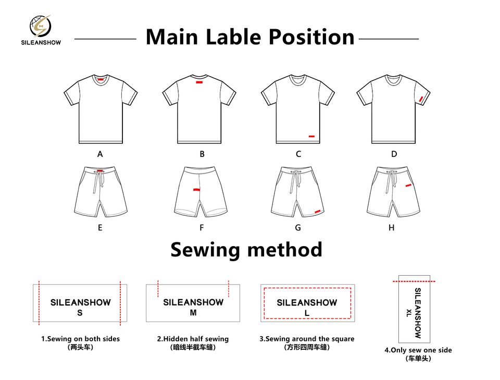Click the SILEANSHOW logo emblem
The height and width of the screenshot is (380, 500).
(x=40, y=26)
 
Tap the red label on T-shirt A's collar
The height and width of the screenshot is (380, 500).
(x=101, y=79)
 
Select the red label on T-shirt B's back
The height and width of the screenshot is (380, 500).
(x=199, y=82)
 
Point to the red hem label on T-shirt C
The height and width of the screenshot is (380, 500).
(x=311, y=137)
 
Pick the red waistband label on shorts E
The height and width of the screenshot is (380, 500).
(x=100, y=170)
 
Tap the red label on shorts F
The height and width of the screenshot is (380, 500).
(x=196, y=190)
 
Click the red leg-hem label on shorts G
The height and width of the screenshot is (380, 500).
(x=317, y=211)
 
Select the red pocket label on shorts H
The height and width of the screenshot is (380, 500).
(x=409, y=185)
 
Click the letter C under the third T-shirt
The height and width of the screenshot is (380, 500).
(x=298, y=154)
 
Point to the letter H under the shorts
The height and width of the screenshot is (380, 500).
(x=392, y=228)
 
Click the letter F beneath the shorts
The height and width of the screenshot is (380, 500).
(x=202, y=228)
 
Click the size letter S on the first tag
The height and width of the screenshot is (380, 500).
(x=80, y=313)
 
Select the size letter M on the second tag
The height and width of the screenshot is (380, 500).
(x=193, y=313)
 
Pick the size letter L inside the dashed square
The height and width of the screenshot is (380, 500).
(x=307, y=313)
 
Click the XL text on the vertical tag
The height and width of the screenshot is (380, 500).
(x=409, y=313)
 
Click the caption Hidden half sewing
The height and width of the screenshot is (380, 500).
(x=193, y=339)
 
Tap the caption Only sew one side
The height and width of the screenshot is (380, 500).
(x=418, y=350)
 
